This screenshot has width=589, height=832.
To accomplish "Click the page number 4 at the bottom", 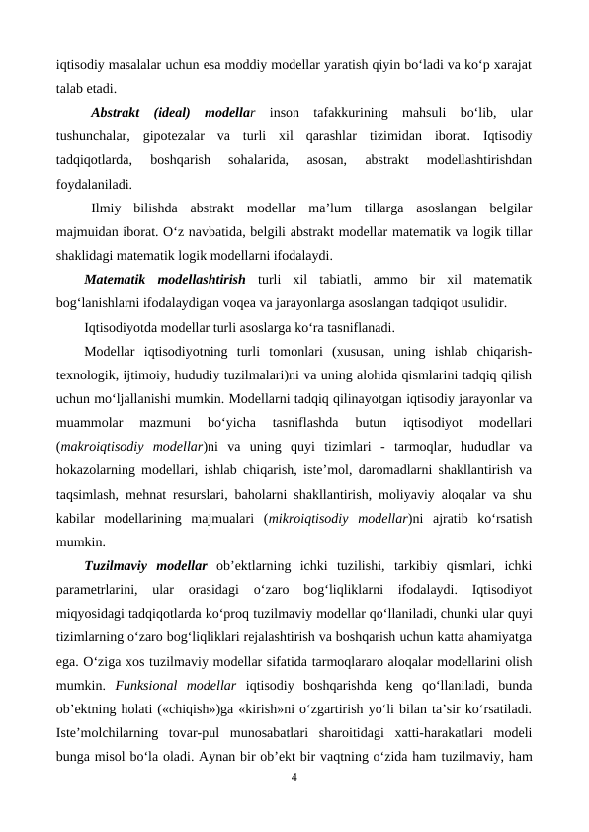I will click(x=294, y=777).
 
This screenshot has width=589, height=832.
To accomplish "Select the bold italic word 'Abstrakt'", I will click(x=115, y=112).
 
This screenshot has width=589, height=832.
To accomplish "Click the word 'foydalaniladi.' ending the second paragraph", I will click(x=97, y=183).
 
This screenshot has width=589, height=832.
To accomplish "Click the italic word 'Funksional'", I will click(x=148, y=684).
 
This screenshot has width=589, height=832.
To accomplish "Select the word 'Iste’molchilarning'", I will click(x=114, y=731).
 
